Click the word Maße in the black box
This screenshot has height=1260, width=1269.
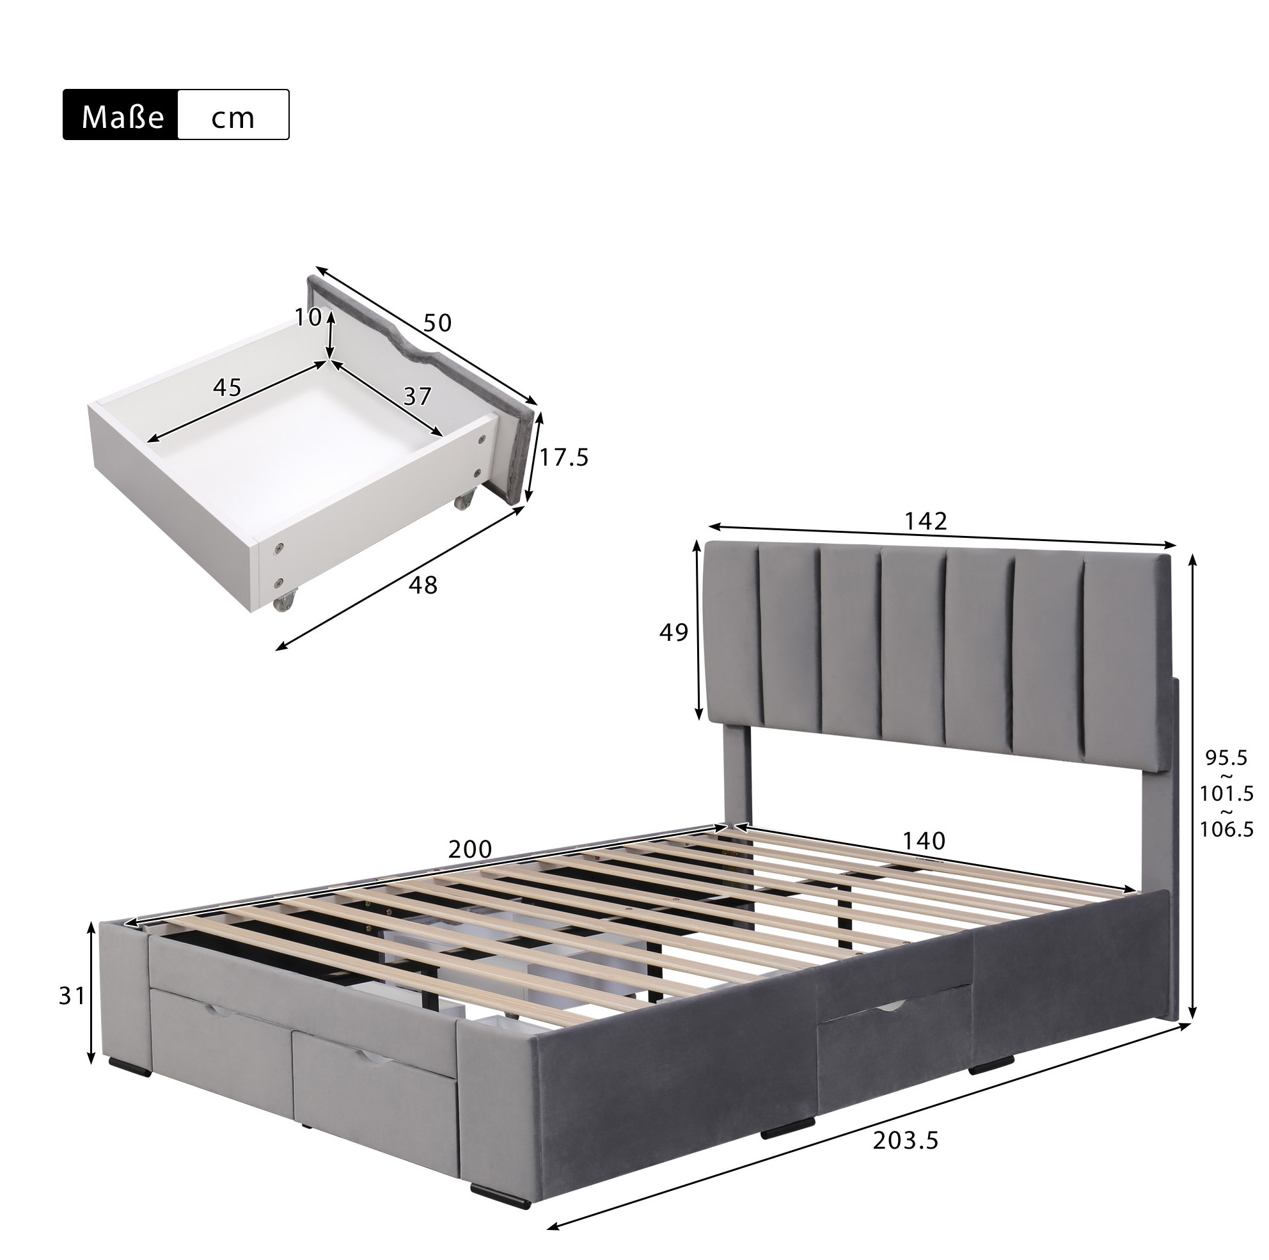[x=122, y=117]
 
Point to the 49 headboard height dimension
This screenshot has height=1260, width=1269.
[x=674, y=632]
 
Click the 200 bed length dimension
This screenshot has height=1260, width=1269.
[x=469, y=849]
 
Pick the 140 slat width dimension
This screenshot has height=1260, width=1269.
[x=924, y=840]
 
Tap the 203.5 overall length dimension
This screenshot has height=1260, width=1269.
[x=906, y=1140]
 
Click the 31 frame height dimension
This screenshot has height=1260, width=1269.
[x=72, y=996]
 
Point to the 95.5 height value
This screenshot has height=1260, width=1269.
[x=1226, y=758]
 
